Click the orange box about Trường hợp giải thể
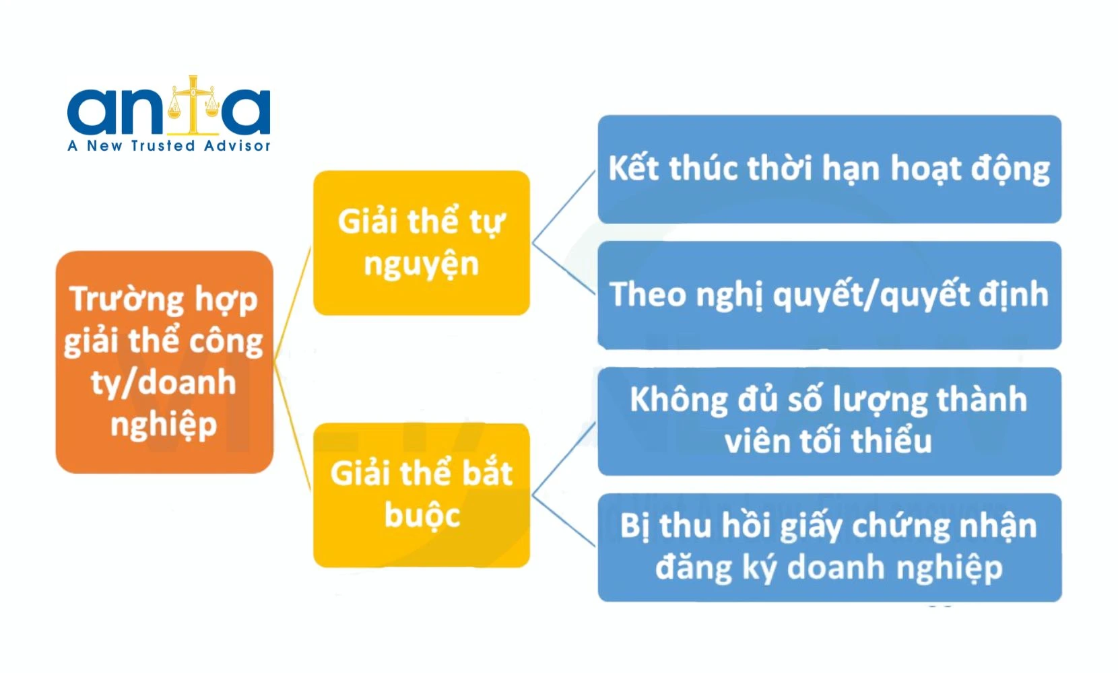click(164, 361)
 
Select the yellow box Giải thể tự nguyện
click(421, 242)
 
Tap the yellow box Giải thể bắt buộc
click(421, 495)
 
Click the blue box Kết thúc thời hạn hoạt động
click(830, 169)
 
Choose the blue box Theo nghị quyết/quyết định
click(830, 295)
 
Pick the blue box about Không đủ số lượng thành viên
click(830, 421)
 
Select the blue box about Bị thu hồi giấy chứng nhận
click(830, 548)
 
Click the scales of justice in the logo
click(193, 105)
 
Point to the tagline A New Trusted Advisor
click(168, 145)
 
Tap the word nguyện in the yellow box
click(421, 265)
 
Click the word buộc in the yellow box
click(422, 515)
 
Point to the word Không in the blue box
click(679, 400)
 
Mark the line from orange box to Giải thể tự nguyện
click(293, 304)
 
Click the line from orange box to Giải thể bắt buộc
click(293, 427)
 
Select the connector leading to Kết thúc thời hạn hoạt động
click(564, 207)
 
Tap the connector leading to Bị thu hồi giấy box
click(564, 520)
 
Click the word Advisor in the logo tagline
click(237, 145)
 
